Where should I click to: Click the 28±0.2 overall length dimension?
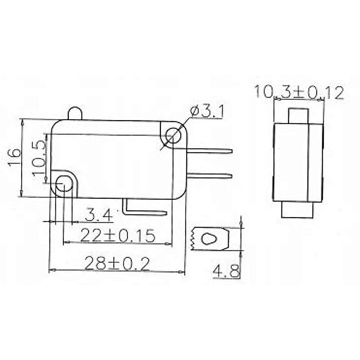point(117,263)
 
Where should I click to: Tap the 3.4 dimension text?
point(98,214)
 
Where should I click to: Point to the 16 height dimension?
point(14,157)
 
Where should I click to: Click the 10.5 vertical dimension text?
point(39,158)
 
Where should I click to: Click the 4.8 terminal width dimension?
point(226,271)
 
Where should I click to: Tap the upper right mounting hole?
point(173,135)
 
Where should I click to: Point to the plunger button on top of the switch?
point(75,114)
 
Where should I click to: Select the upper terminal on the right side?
point(210,151)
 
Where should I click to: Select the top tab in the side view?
point(298,116)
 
